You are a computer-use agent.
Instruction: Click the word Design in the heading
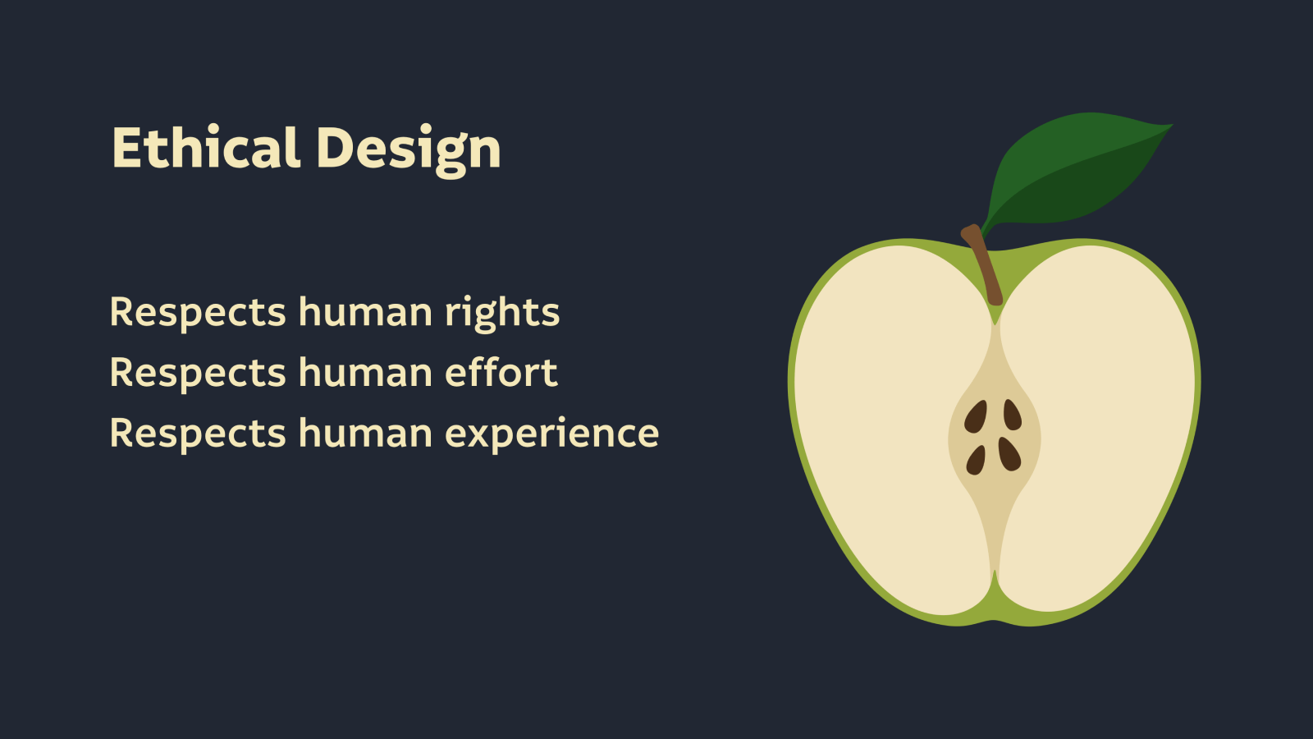click(409, 150)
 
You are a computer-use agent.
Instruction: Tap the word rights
click(501, 313)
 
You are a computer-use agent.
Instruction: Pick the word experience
click(551, 434)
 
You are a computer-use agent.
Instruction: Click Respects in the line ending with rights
click(198, 313)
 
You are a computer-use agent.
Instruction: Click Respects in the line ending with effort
click(198, 374)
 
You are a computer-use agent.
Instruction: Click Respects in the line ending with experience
click(198, 434)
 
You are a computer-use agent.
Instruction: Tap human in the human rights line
click(365, 311)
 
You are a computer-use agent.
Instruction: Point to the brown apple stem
click(984, 264)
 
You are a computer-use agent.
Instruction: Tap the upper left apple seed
click(976, 417)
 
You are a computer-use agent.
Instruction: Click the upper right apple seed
click(1013, 415)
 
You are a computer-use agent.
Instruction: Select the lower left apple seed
click(976, 460)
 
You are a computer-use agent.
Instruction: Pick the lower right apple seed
click(1009, 454)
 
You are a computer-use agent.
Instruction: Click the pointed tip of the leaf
click(1173, 125)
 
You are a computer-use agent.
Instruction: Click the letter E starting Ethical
click(126, 147)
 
